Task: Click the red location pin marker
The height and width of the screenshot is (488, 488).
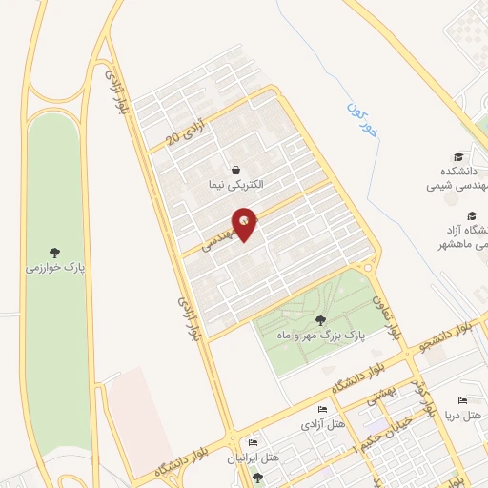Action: (247, 223)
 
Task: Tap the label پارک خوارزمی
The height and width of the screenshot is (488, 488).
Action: (54, 268)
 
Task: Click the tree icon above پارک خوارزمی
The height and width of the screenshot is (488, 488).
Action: (54, 253)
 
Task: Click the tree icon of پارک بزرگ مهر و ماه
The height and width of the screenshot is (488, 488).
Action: (319, 320)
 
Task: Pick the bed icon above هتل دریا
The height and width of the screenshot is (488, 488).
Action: (463, 400)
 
